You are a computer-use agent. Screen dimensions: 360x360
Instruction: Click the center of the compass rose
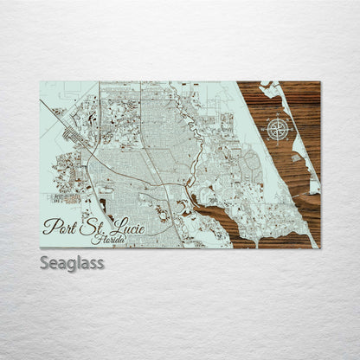(278, 130)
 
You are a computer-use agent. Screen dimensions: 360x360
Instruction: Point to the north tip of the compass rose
(278, 118)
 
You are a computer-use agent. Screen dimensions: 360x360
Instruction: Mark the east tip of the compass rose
(290, 130)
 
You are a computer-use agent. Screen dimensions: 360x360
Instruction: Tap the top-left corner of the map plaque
(40, 81)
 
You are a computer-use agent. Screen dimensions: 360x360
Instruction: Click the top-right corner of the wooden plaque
(319, 81)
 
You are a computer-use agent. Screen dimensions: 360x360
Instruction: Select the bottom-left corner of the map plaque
(40, 248)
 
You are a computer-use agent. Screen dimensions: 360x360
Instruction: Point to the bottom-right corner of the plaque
(319, 248)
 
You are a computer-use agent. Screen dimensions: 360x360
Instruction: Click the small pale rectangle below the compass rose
(296, 155)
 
